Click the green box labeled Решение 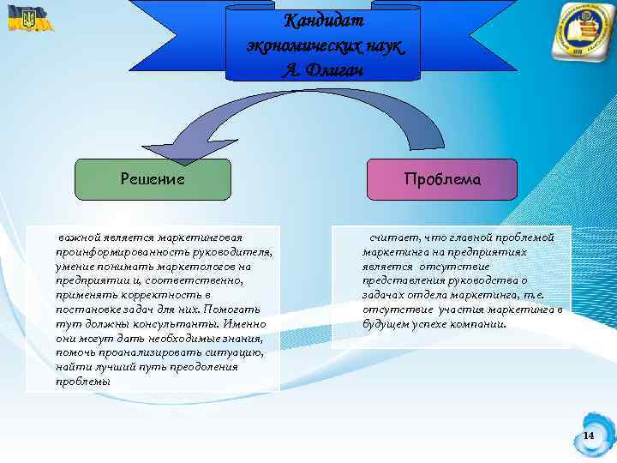(153, 179)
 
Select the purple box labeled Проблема (442, 179)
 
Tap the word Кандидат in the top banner (323, 20)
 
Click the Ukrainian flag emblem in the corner (26, 18)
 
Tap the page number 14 (589, 436)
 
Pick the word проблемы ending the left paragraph (82, 382)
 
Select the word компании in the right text (479, 324)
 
